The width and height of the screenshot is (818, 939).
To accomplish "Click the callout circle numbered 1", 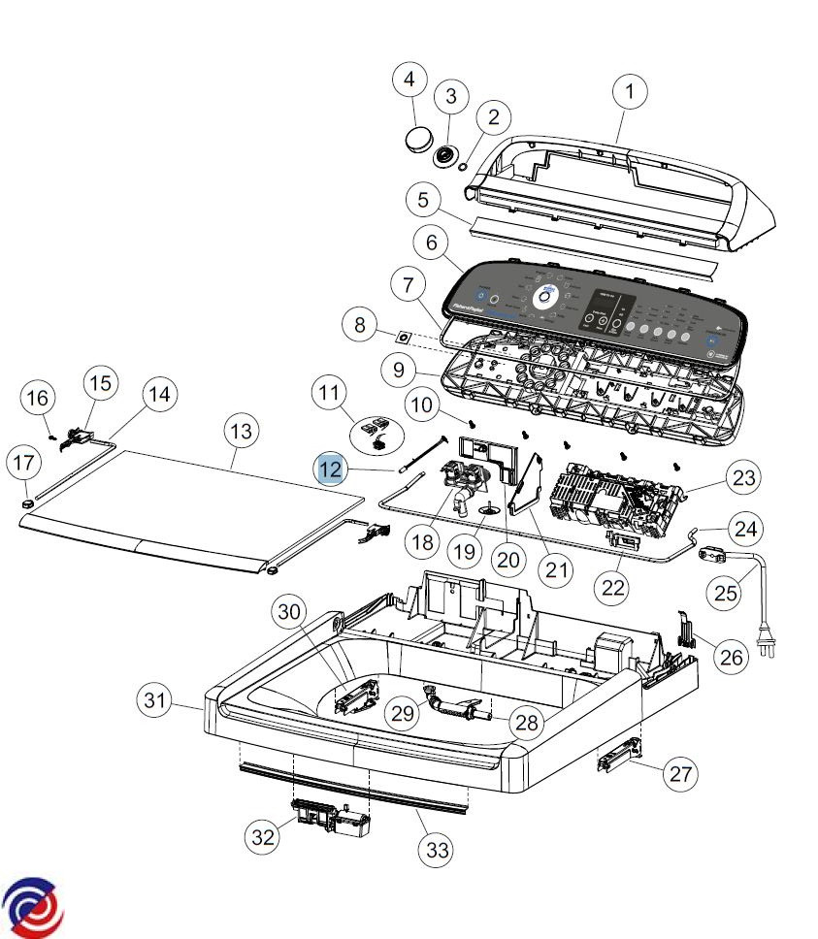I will [630, 92].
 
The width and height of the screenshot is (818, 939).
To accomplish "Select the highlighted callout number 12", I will [331, 469].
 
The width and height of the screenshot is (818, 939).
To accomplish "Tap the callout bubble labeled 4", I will [409, 79].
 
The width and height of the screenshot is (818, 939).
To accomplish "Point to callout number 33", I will [438, 850].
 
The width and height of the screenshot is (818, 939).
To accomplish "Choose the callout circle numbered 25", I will [727, 591].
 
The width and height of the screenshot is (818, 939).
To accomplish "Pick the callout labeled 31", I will [156, 700].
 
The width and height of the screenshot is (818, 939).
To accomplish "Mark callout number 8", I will [360, 325].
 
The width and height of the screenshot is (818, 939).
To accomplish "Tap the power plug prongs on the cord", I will [769, 649].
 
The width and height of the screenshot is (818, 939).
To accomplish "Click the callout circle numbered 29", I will [404, 713].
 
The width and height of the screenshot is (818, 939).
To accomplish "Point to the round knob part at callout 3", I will [447, 154].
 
